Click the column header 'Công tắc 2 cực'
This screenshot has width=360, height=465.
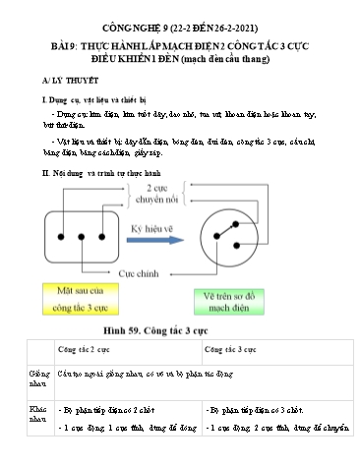pyautogui.click(x=87, y=350)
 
